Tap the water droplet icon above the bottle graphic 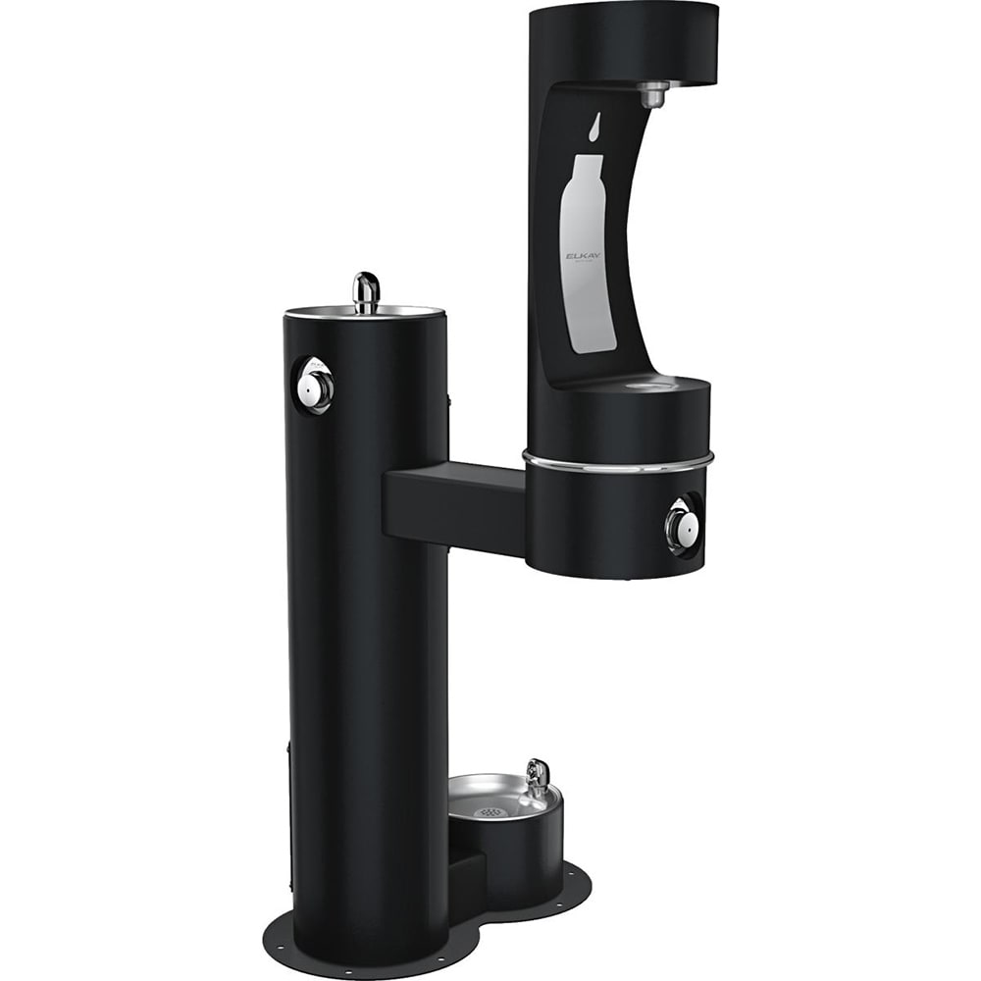[595, 127]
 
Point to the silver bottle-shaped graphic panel [588, 255]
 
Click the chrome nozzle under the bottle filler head [652, 94]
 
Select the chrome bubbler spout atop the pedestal [366, 291]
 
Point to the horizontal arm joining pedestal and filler [453, 505]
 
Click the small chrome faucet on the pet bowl [537, 776]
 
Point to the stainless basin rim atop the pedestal [365, 314]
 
